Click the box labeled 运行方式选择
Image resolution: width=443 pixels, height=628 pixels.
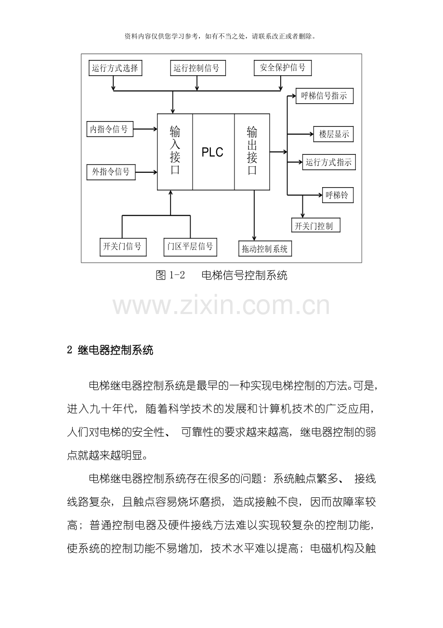[115, 68]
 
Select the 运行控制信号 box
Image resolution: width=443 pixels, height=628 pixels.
[198, 68]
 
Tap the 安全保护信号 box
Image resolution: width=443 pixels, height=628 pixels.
[283, 68]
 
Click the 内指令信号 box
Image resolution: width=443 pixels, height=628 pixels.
[110, 129]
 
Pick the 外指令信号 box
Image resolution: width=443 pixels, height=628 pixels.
[111, 172]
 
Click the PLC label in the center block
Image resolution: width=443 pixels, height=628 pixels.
[212, 152]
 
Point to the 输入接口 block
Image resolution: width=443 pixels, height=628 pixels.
[175, 152]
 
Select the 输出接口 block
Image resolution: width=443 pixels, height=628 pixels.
[252, 152]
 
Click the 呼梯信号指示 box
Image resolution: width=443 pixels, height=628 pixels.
[325, 96]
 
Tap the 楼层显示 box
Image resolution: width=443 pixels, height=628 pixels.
[333, 134]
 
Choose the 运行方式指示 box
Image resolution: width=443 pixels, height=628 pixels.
[329, 162]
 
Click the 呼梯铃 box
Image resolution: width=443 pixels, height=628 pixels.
[338, 195]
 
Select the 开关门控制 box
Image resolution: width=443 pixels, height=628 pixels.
[316, 225]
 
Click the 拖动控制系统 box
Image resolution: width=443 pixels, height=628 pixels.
[265, 248]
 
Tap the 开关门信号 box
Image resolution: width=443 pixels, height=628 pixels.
[123, 247]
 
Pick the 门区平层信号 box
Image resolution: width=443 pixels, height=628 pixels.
[190, 247]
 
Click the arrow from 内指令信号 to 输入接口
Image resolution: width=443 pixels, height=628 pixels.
[145, 129]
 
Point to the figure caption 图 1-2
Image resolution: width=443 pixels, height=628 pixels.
[170, 275]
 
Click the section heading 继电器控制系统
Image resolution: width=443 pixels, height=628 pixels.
[116, 350]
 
